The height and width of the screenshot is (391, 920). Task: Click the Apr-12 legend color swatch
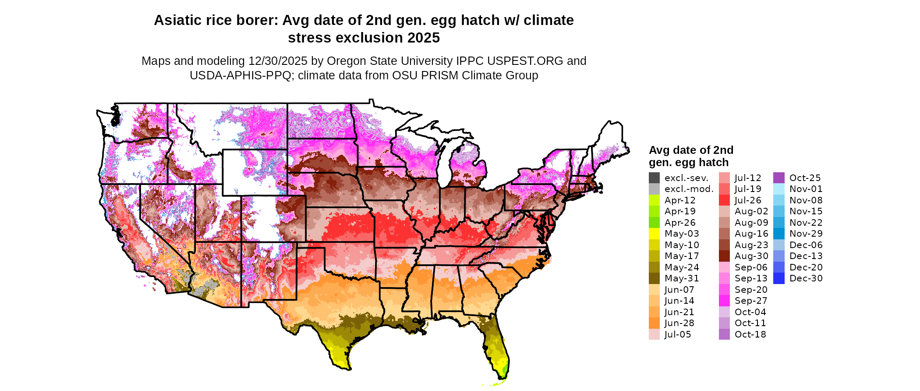(x=654, y=200)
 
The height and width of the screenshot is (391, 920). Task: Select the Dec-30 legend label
(x=806, y=278)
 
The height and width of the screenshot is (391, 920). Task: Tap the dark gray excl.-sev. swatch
(x=654, y=178)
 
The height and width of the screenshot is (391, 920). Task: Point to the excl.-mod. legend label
(x=689, y=189)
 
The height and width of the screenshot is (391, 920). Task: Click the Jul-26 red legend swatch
(x=724, y=200)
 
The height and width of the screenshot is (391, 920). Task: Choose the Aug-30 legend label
(x=751, y=256)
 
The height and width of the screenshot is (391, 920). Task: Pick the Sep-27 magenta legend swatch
(x=724, y=301)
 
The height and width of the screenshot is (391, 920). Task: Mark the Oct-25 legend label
(x=805, y=178)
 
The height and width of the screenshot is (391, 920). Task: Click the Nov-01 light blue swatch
(x=779, y=189)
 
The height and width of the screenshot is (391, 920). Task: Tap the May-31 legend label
(x=682, y=278)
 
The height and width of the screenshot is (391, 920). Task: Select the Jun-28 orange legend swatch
(x=654, y=323)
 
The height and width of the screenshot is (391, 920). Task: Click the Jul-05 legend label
(x=678, y=334)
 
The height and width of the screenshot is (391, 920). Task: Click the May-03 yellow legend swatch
(x=654, y=234)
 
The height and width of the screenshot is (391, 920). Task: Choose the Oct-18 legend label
(x=750, y=334)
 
